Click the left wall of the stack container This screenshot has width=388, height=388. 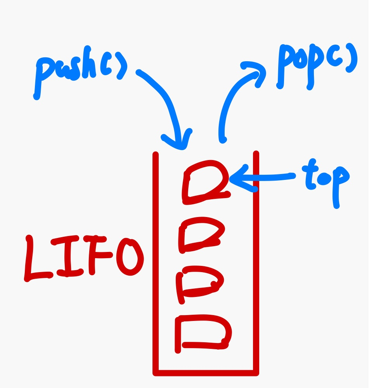[x=156, y=264]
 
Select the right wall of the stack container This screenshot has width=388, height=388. [x=256, y=264]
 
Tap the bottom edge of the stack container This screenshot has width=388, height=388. [x=206, y=373]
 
